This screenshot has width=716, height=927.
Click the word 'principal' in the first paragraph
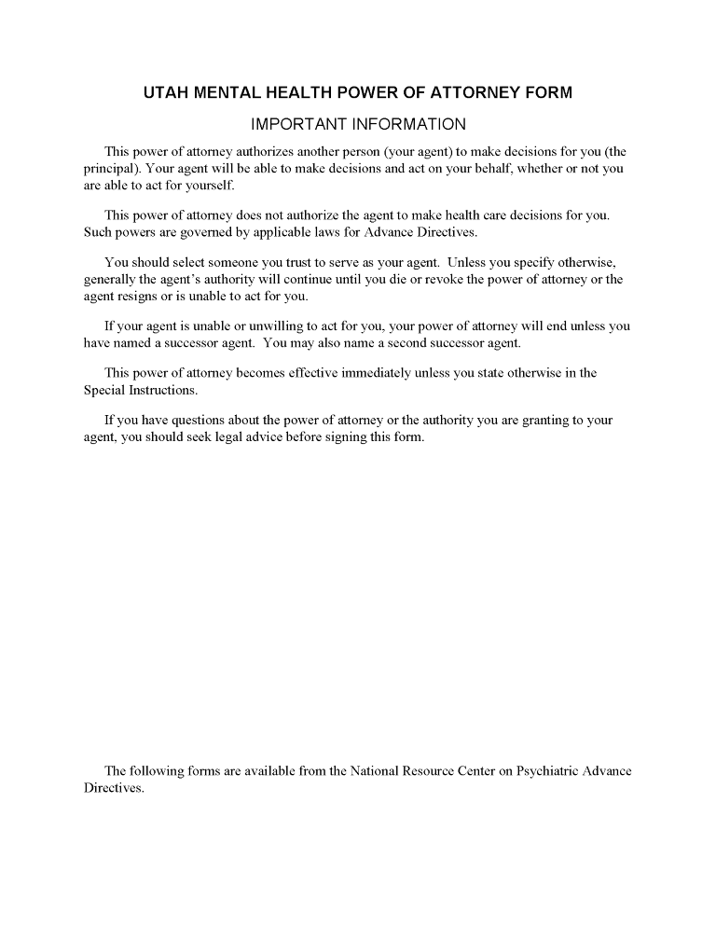[111, 169]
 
